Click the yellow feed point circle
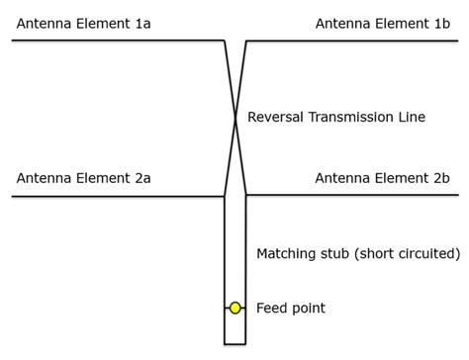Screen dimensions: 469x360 pos(235,309)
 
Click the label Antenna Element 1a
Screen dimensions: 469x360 pos(84,23)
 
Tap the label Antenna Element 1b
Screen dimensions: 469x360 pos(382,23)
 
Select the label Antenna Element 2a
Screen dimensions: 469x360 pos(84,178)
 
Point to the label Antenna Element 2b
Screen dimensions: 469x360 pos(382,178)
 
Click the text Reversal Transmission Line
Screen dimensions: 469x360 pos(335,117)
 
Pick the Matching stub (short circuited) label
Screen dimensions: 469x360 pos(358,254)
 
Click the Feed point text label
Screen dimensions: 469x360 pos(291,309)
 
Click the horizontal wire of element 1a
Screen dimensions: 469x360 pos(119,41)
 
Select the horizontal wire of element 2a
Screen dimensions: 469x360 pos(119,196)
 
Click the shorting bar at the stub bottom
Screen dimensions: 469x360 pos(235,344)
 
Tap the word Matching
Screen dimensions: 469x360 pos(287,254)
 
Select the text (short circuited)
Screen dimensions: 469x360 pos(407,254)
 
